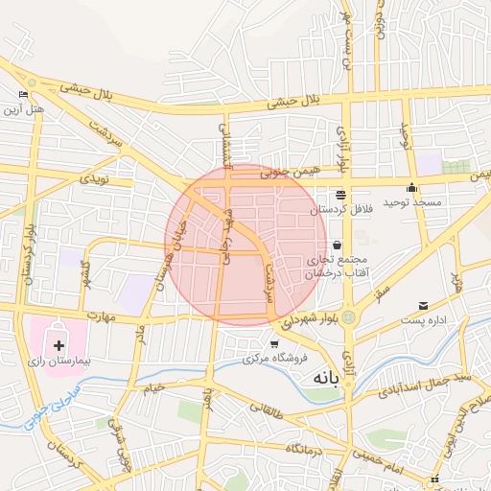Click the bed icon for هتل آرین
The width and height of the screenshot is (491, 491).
pyautogui.click(x=24, y=95)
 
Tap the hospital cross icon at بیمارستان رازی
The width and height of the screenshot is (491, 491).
pyautogui.click(x=59, y=344)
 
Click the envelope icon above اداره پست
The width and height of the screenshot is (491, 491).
pyautogui.click(x=423, y=307)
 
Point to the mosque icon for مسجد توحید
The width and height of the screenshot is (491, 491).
pyautogui.click(x=412, y=188)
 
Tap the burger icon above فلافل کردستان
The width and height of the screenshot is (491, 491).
pyautogui.click(x=340, y=195)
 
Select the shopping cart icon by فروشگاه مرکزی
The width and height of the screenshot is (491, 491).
pyautogui.click(x=274, y=343)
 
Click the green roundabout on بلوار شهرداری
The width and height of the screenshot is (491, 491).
pyautogui.click(x=348, y=316)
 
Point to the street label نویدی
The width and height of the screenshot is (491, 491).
pyautogui.click(x=94, y=178)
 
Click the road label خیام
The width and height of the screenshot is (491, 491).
pyautogui.click(x=153, y=387)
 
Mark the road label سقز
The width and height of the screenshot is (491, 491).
pyautogui.click(x=384, y=286)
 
